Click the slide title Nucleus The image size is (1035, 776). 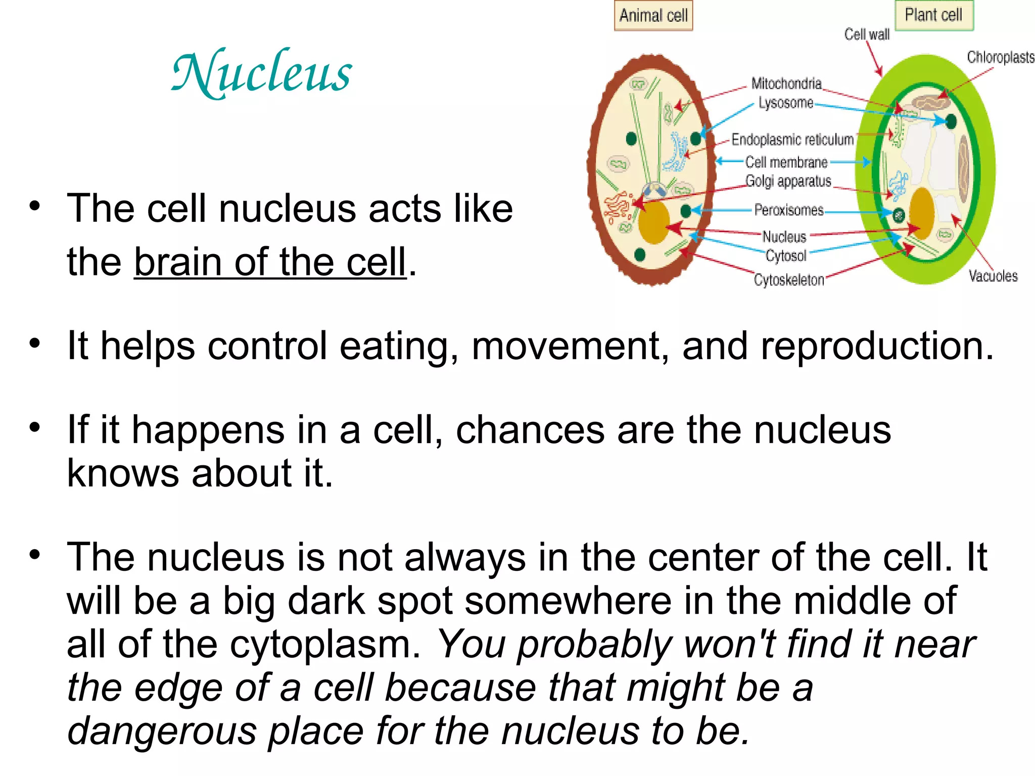262,73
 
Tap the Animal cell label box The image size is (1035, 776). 653,16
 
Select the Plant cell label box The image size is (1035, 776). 933,15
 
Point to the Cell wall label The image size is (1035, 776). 867,34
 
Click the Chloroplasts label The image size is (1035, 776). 1000,57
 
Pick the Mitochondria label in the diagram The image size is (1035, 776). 786,83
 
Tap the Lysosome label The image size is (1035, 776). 786,103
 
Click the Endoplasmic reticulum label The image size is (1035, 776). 792,139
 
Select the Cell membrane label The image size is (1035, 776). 786,162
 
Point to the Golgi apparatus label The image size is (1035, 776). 788,181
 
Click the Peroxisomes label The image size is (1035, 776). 789,210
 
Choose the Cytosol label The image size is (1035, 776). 786,256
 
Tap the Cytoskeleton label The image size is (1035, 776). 789,279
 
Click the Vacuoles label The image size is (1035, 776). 993,276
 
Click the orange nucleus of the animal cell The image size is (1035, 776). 654,222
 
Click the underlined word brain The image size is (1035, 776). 178,262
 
